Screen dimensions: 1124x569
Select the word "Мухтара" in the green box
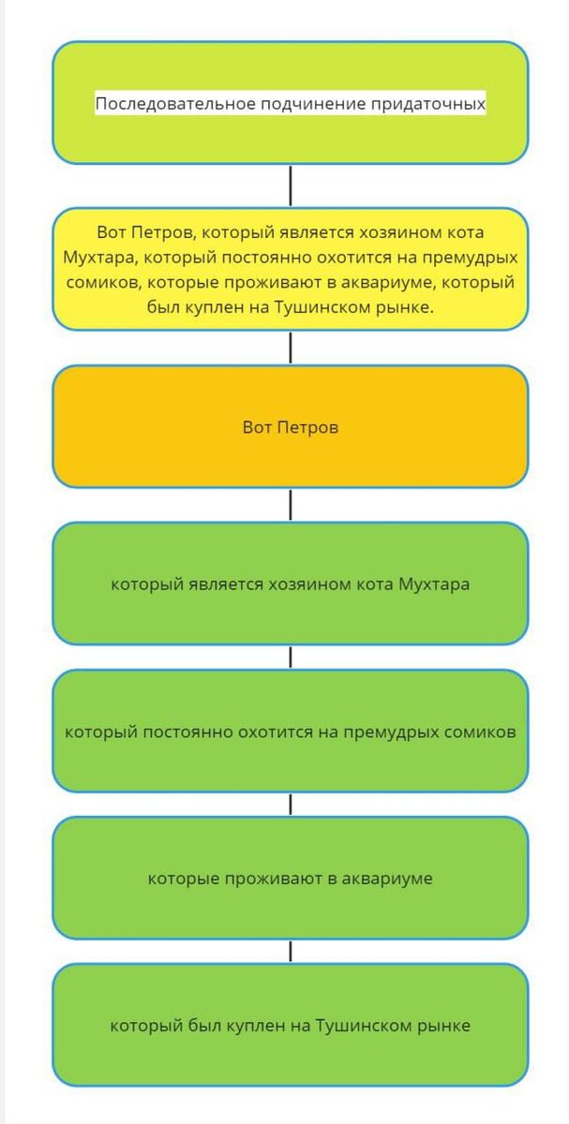point(434,584)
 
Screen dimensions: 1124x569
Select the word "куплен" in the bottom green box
point(252,1026)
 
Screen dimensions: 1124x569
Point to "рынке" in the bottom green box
point(441,1026)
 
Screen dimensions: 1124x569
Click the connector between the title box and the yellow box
point(291,185)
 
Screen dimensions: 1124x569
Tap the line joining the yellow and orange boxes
point(291,348)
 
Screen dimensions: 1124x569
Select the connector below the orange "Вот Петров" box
point(291,505)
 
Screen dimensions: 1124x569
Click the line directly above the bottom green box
point(291,952)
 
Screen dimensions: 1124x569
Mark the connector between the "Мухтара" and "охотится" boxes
point(291,657)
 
